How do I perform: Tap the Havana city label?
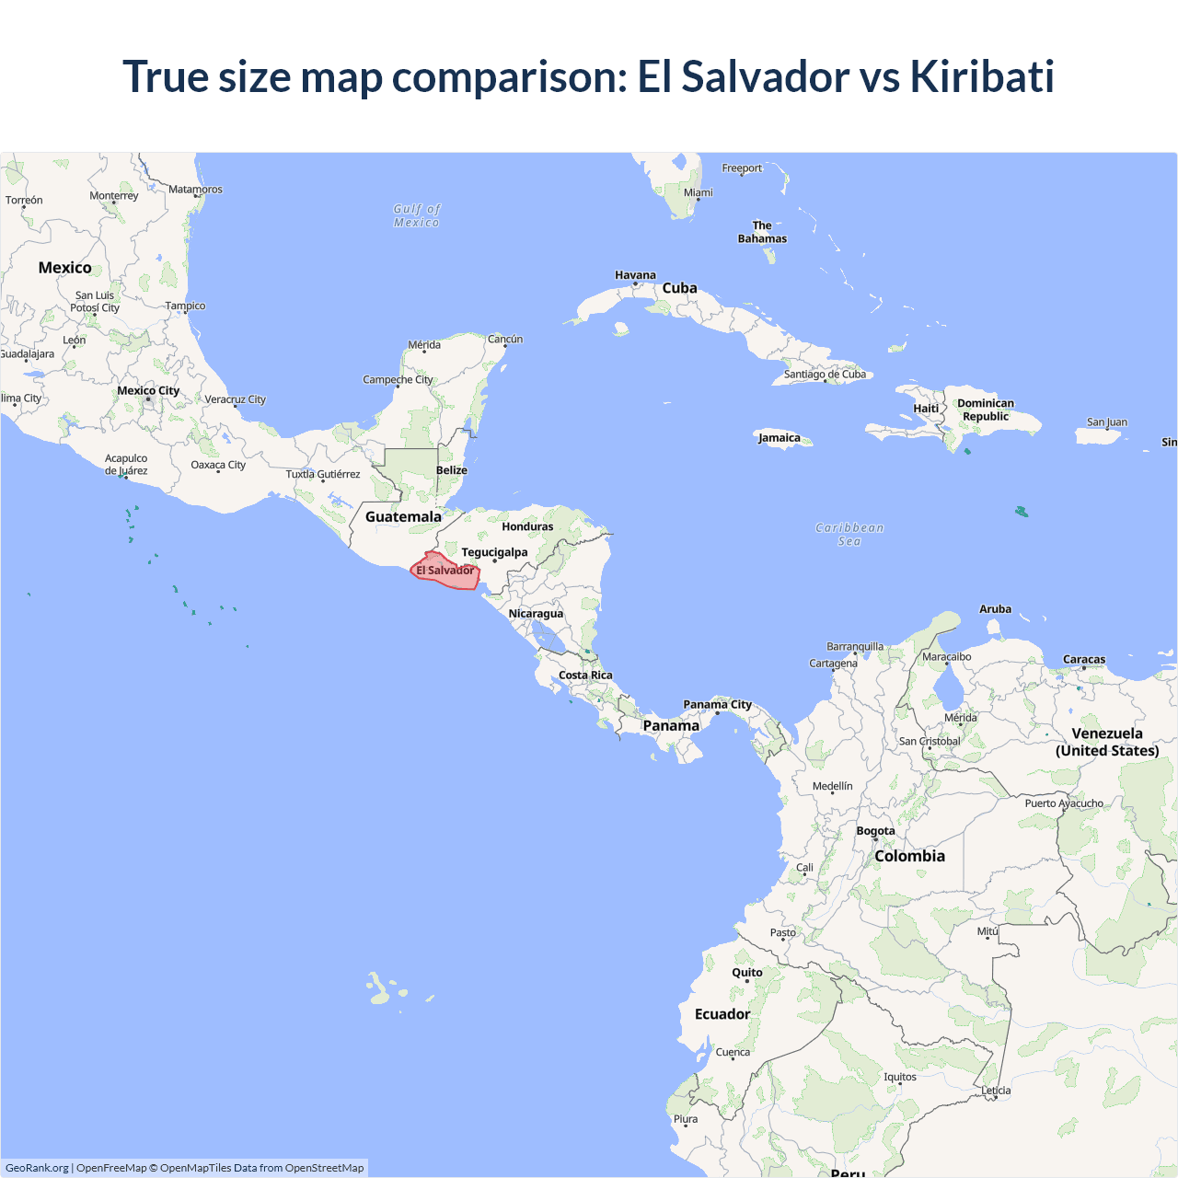(x=635, y=275)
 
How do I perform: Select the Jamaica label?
(x=779, y=438)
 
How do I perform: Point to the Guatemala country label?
(x=403, y=517)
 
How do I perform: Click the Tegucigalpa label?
(x=494, y=552)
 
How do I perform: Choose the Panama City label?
(x=717, y=705)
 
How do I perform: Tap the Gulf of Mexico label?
(x=417, y=215)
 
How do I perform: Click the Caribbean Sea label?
(x=849, y=535)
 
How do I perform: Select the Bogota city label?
(x=875, y=831)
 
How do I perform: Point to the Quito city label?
(x=747, y=973)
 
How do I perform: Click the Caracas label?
(x=1084, y=660)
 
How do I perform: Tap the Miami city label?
(x=699, y=193)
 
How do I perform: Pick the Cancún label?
(x=505, y=340)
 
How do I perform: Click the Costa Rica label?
(x=585, y=676)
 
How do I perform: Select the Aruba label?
(x=995, y=609)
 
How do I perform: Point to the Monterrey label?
(x=114, y=196)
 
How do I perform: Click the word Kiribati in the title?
(x=982, y=76)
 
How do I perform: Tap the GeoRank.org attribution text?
(x=37, y=1168)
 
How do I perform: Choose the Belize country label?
(x=452, y=470)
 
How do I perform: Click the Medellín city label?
(x=833, y=786)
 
